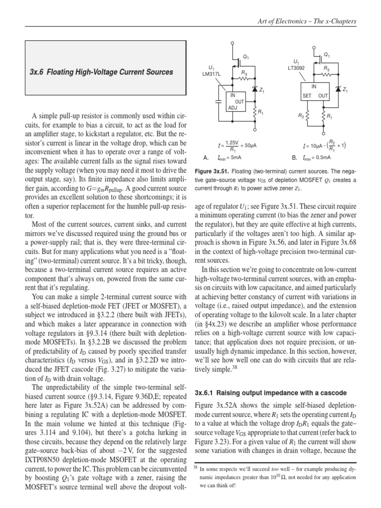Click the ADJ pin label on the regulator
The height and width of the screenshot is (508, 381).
[x=232, y=108]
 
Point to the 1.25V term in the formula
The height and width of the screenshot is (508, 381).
[x=231, y=143]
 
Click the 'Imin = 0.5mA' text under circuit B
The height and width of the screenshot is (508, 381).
[x=314, y=158]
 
